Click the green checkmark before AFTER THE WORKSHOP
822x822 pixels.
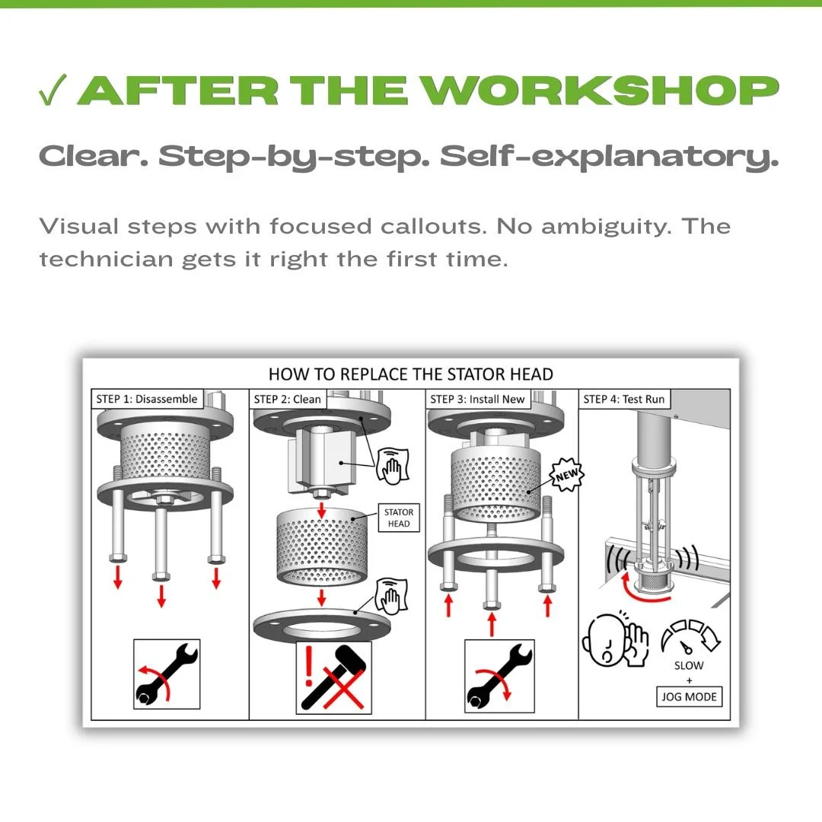tap(53, 90)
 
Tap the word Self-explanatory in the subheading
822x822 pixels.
tap(609, 157)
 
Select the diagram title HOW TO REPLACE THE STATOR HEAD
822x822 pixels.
tap(410, 374)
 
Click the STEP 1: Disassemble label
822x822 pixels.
tap(147, 399)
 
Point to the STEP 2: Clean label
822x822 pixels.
tap(287, 399)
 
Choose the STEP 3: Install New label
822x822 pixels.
tap(477, 399)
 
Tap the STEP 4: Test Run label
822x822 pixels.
tap(624, 399)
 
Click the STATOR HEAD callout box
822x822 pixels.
tap(399, 518)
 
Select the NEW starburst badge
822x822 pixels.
tap(566, 475)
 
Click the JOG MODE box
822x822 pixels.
tap(689, 696)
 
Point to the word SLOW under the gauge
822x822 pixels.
tap(689, 665)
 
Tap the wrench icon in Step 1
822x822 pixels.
tap(167, 674)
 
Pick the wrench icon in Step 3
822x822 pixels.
tap(499, 676)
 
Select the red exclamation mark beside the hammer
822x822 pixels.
tap(309, 664)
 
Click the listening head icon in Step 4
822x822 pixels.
tap(614, 639)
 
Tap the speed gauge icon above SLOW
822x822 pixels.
tap(690, 637)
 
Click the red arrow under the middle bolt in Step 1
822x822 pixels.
tap(161, 596)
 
